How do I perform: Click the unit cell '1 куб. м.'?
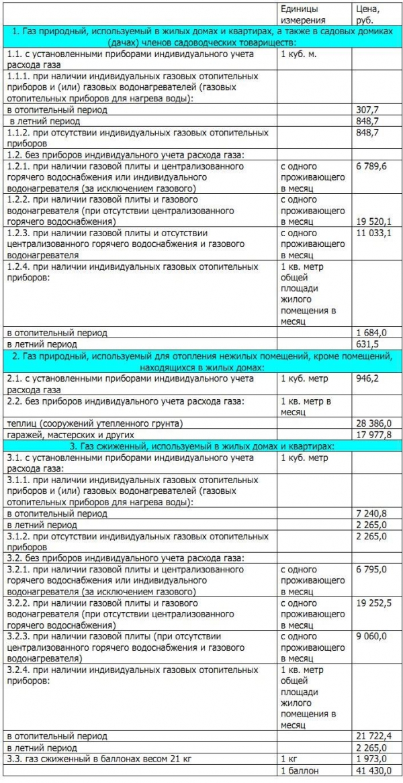tap(298, 54)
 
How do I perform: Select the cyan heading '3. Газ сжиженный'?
tap(201, 446)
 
